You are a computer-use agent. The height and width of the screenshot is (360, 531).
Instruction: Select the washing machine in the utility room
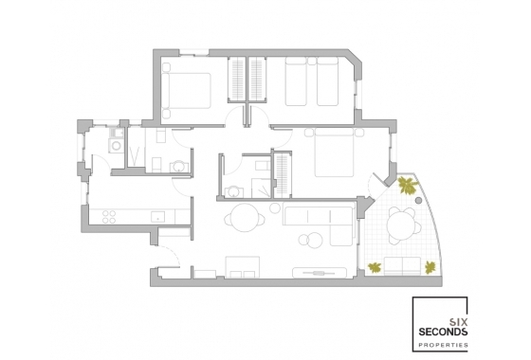(x=116, y=148)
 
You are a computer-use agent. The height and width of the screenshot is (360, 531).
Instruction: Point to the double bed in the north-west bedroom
(x=188, y=93)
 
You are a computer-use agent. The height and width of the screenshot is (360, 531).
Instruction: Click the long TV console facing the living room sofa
(x=319, y=270)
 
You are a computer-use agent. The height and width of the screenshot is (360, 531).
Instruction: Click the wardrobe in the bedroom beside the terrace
(x=283, y=171)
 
